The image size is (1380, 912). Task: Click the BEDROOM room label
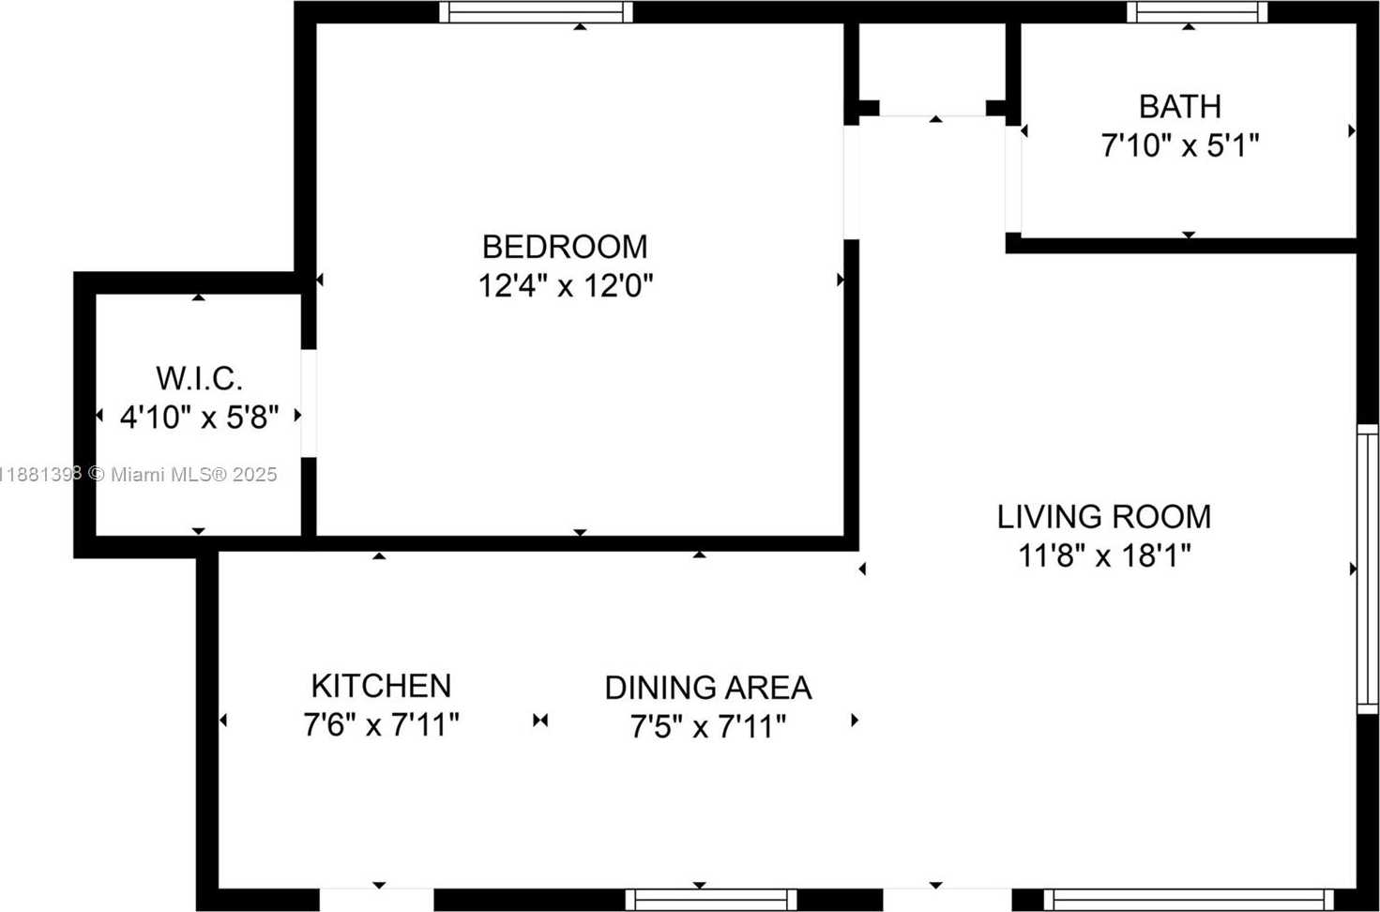point(565,247)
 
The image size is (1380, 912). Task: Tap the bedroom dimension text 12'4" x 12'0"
point(566,286)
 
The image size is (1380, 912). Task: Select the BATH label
point(1180,107)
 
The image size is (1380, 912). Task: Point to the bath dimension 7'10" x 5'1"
point(1180,146)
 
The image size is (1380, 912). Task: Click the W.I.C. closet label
point(199,378)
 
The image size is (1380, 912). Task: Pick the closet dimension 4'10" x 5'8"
point(199,418)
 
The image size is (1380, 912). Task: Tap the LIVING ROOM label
point(1104,516)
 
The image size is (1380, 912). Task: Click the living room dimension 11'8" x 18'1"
point(1104,555)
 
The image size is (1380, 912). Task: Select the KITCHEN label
point(381,686)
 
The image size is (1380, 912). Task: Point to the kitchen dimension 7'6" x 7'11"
point(381,724)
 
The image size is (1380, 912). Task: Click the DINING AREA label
point(708,688)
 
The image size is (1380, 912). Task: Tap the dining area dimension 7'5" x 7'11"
point(708,726)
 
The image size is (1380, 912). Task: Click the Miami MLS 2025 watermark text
point(182,474)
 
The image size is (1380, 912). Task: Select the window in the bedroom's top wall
point(536,11)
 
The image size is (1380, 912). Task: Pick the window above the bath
point(1197,11)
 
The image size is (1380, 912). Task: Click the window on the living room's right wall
point(1369,569)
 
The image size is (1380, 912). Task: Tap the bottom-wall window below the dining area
point(711,900)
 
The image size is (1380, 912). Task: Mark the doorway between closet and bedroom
point(309,403)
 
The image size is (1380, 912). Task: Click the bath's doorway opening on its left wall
point(1013,179)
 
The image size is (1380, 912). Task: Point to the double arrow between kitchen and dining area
point(540,720)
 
